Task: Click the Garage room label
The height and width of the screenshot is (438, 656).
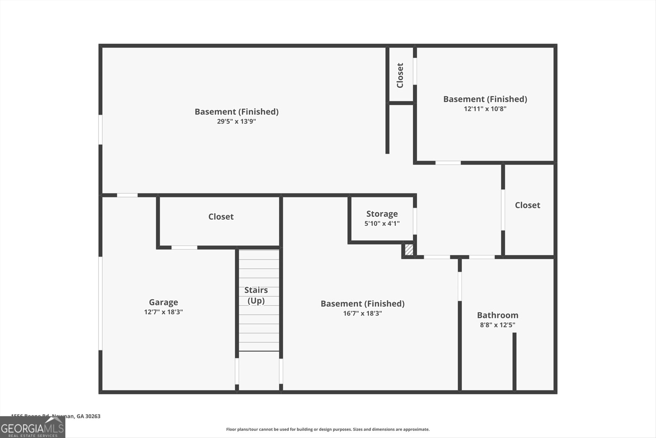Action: (163, 302)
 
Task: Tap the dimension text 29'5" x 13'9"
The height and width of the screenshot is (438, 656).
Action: (236, 122)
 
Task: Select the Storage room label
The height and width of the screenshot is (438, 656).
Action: (382, 214)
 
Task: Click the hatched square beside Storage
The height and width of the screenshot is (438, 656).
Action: (409, 250)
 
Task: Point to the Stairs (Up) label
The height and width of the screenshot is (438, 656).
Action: (256, 295)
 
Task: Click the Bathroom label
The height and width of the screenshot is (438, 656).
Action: (497, 315)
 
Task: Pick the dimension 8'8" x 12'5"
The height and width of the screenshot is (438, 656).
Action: (497, 325)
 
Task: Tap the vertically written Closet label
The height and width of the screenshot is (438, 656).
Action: (400, 75)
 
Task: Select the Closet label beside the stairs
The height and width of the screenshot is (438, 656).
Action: (221, 217)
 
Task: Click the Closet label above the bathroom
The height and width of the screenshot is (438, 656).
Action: (527, 205)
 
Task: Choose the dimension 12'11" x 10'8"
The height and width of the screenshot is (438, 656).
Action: (485, 109)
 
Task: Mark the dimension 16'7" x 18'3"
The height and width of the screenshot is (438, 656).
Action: (362, 314)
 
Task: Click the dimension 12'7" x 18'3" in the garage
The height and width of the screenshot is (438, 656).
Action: (163, 312)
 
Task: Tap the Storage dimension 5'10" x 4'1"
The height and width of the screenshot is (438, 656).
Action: (382, 224)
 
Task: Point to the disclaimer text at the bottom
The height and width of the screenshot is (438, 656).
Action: (328, 429)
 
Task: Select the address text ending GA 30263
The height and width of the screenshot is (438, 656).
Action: (56, 416)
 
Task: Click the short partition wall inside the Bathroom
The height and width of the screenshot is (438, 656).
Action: (514, 361)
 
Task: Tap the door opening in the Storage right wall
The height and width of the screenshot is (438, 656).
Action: (415, 221)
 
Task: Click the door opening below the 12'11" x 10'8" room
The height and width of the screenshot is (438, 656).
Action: (448, 163)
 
